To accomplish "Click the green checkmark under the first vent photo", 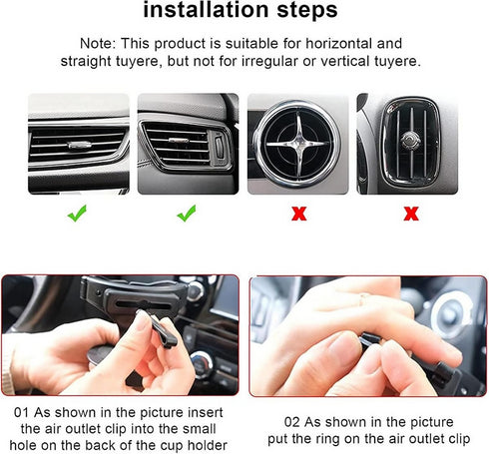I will pyautogui.click(x=77, y=213).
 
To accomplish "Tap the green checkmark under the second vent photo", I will pyautogui.click(x=187, y=213).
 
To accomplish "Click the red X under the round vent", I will pyautogui.click(x=296, y=214).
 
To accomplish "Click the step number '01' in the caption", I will pyautogui.click(x=22, y=411).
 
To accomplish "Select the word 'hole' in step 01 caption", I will pyautogui.click(x=33, y=446).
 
